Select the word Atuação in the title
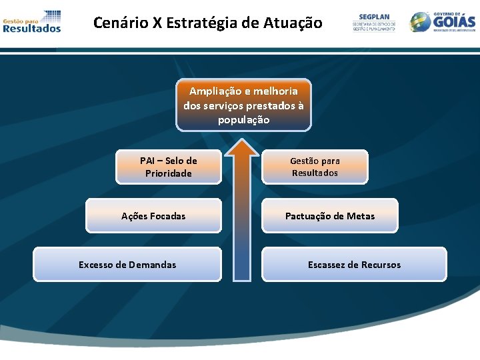click(x=293, y=23)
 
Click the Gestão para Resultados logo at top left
click(x=32, y=21)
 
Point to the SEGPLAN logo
click(x=373, y=22)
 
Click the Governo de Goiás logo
click(x=443, y=21)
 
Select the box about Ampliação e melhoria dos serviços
click(x=243, y=105)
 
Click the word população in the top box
click(x=243, y=120)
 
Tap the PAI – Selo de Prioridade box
click(x=168, y=167)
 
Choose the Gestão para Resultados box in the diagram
click(x=315, y=167)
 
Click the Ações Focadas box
click(x=153, y=216)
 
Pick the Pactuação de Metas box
click(x=329, y=216)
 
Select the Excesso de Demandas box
click(x=127, y=265)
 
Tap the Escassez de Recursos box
click(x=354, y=265)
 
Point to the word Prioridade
click(x=168, y=173)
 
